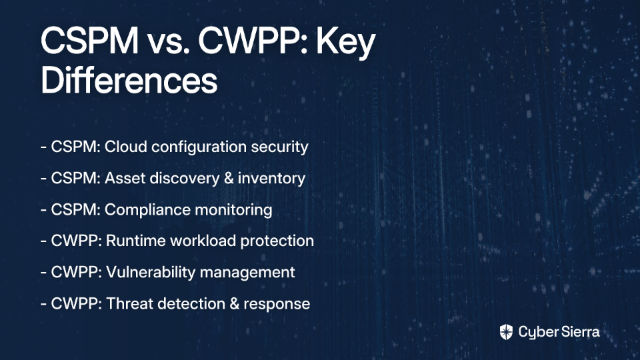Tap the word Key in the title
click(x=346, y=43)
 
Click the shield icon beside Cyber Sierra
click(x=506, y=332)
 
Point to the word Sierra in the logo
click(x=579, y=332)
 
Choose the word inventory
click(x=271, y=179)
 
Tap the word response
click(x=277, y=305)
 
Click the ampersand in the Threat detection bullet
click(x=234, y=304)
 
